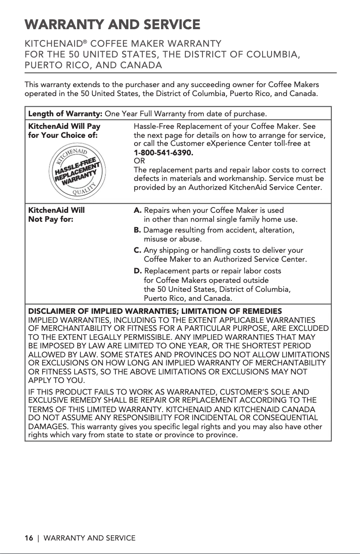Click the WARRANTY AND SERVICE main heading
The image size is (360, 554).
(112, 24)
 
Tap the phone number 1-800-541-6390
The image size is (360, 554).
(164, 153)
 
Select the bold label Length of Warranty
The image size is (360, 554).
(66, 112)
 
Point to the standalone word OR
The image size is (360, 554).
(139, 161)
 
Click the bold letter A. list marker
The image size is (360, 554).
(138, 210)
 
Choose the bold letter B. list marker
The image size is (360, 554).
(138, 230)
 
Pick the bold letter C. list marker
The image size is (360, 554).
(138, 251)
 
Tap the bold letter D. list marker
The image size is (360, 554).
(138, 271)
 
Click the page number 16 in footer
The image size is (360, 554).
(29, 538)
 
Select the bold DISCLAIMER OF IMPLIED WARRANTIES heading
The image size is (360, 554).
(155, 311)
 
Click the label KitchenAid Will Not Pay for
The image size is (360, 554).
(57, 215)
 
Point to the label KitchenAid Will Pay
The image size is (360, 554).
(64, 127)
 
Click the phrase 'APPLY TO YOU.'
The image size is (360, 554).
(55, 381)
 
